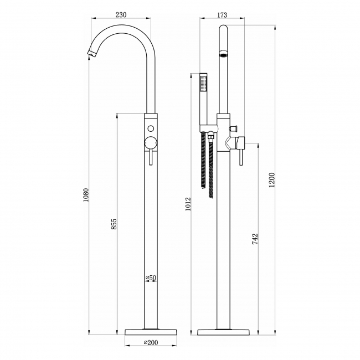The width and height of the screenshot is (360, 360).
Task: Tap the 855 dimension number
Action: tap(113, 224)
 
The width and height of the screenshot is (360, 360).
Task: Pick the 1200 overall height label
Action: tap(271, 179)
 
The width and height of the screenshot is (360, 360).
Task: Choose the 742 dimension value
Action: tap(255, 239)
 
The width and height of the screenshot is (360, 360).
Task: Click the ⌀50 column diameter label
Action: tap(150, 277)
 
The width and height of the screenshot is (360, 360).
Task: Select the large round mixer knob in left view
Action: tap(150, 142)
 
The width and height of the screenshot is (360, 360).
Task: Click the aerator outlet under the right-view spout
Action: tap(223, 55)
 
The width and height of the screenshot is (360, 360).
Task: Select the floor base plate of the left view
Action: tap(150, 331)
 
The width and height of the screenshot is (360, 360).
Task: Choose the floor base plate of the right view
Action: tap(223, 331)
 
